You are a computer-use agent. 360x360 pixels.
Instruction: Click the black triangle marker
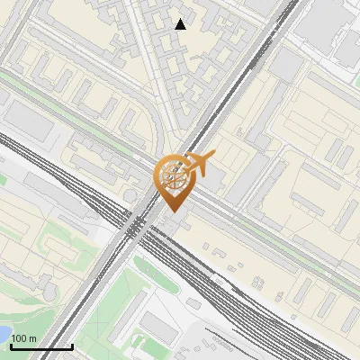coord(181,24)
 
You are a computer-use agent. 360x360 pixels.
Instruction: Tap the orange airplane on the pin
coord(199,163)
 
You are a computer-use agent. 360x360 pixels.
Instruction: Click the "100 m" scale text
coord(24,337)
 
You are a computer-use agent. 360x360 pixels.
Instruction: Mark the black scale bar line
coord(41,346)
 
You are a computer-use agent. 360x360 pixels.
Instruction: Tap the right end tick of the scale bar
coord(72,344)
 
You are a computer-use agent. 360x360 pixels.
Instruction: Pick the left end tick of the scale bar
coord(11,344)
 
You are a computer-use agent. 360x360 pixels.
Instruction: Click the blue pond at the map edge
coord(3,335)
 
